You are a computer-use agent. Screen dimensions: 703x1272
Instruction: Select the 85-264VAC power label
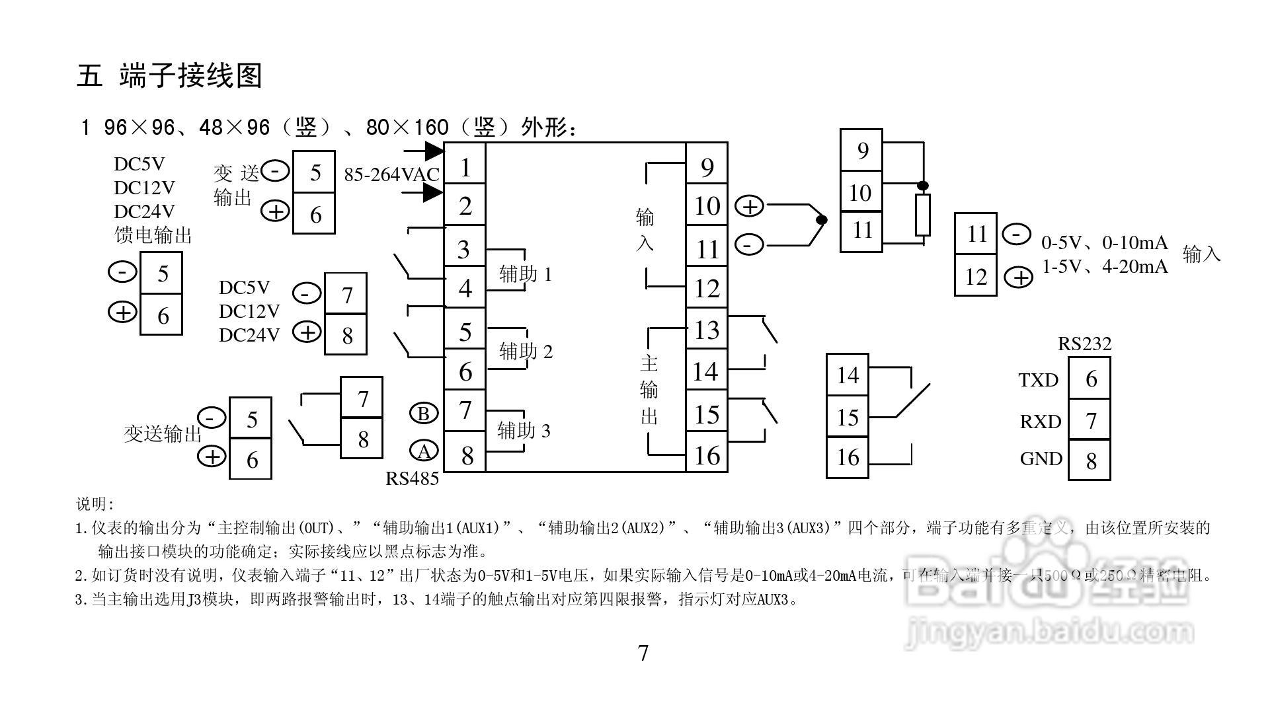[391, 174]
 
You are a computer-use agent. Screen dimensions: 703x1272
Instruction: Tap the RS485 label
[413, 478]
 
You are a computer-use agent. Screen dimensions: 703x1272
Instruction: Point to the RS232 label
[1085, 344]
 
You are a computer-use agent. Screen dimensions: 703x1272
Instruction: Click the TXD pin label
[1038, 381]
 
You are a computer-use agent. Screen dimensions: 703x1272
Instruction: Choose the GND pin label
[1041, 459]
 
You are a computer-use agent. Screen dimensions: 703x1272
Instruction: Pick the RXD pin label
[1040, 422]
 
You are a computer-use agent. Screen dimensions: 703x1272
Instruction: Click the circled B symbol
[424, 414]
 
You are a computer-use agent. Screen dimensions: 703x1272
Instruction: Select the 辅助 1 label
[525, 274]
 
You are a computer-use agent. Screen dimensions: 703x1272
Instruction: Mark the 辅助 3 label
[524, 431]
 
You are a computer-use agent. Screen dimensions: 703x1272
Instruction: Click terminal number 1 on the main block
[465, 168]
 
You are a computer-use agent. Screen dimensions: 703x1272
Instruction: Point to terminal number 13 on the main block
[707, 330]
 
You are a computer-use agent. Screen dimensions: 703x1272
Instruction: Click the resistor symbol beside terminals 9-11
[923, 215]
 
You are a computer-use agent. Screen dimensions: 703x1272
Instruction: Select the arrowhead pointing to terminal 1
[434, 151]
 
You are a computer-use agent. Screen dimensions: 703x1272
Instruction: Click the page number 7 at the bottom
[643, 653]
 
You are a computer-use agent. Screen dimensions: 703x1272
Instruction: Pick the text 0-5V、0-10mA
[1105, 243]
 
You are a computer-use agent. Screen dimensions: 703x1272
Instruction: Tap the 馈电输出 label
[153, 235]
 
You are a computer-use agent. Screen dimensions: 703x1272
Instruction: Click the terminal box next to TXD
[1090, 379]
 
